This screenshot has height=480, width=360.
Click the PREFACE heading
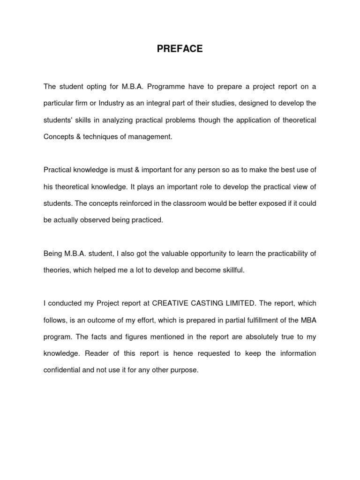(180, 49)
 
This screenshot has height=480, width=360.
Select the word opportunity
(197, 254)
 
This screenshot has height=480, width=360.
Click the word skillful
(228, 271)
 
